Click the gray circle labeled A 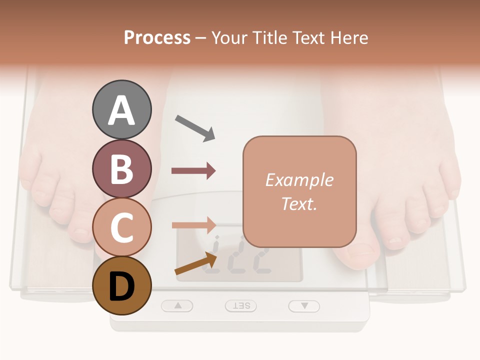click(121, 110)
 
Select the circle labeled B click(121, 168)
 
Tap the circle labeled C click(121, 227)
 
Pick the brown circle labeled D click(121, 285)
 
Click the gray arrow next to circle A click(194, 128)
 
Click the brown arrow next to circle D click(195, 263)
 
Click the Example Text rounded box click(299, 191)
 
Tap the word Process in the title click(157, 38)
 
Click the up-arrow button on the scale click(177, 305)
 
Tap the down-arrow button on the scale click(304, 305)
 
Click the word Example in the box click(299, 180)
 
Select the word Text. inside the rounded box click(299, 204)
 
